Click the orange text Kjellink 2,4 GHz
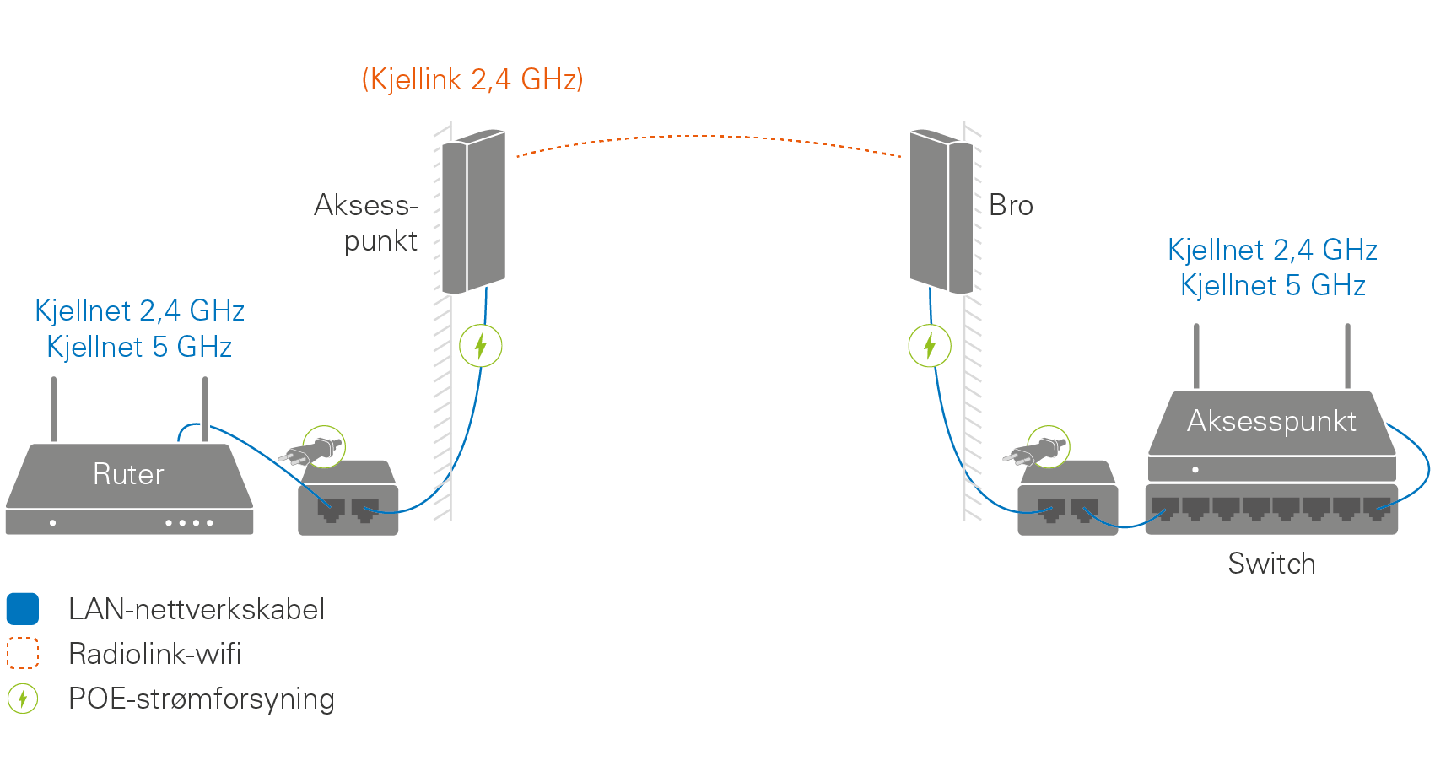coord(472,79)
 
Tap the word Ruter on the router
coord(128,474)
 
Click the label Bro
coord(1011,205)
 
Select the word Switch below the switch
coord(1271,564)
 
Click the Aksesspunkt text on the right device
coord(1271,421)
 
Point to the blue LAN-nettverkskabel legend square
coord(23,609)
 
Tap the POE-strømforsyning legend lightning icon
coord(23,699)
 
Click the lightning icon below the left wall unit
coord(481,346)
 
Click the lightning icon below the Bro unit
coord(930,346)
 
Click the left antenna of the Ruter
coord(54,409)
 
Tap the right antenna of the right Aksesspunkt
coord(1347,356)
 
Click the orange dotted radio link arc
coord(709,136)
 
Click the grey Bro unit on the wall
coord(941,211)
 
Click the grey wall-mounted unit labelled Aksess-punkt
coord(473,211)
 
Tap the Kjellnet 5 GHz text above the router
coord(139,347)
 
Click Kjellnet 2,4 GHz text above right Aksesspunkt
coord(1272,250)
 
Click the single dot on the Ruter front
coord(52,523)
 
